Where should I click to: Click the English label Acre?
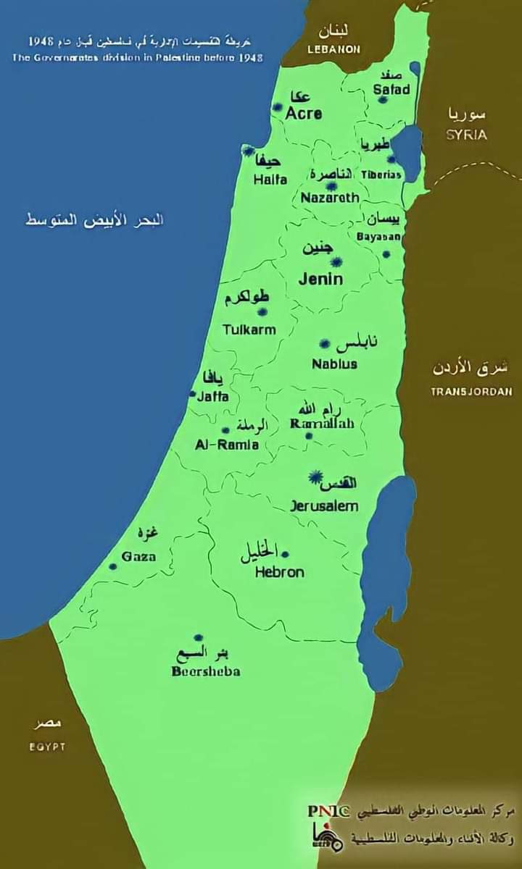click(303, 114)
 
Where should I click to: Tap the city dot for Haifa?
click(248, 151)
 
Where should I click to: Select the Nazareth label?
click(330, 198)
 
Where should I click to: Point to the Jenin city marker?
click(336, 261)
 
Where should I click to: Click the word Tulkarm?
click(249, 329)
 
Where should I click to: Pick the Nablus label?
click(334, 364)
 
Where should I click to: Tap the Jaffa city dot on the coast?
click(193, 395)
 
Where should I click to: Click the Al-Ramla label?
click(227, 445)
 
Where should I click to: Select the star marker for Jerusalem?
click(315, 477)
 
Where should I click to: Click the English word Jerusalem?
click(324, 506)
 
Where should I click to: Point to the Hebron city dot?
click(285, 554)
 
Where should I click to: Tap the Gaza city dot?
click(113, 566)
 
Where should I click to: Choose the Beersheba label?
click(206, 671)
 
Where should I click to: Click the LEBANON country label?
click(334, 49)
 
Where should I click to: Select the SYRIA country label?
click(466, 135)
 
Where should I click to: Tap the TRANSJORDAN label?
click(471, 391)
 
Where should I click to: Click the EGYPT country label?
click(47, 747)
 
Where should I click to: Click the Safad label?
click(391, 90)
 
